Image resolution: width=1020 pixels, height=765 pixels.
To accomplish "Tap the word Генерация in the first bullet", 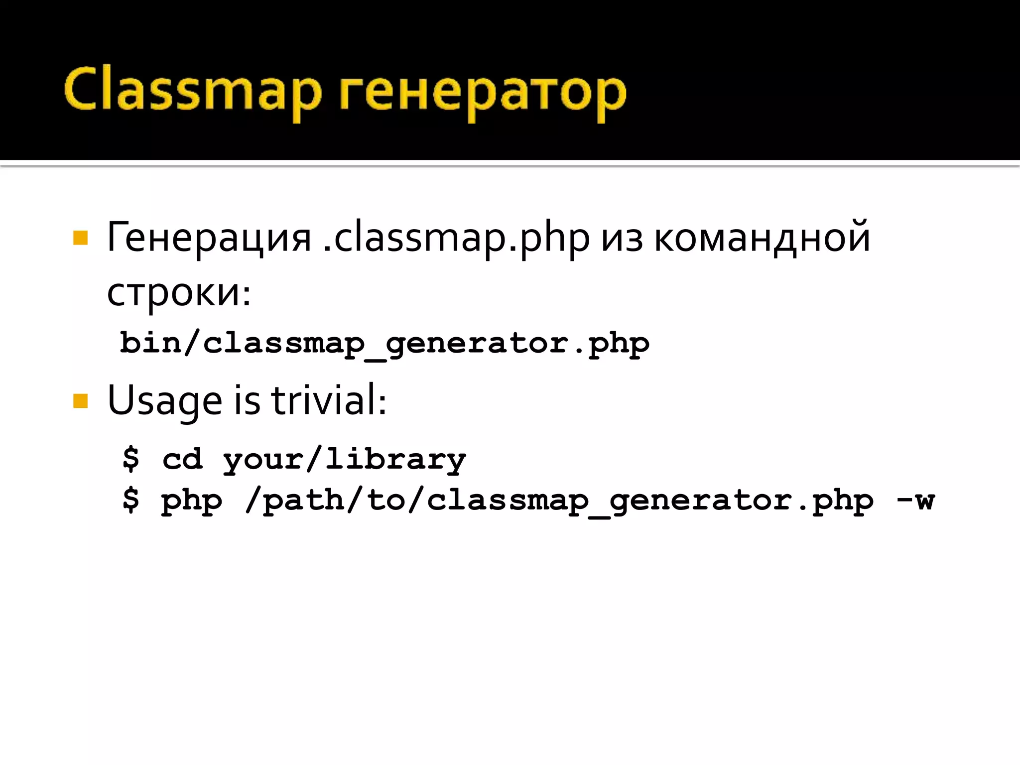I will [x=209, y=238].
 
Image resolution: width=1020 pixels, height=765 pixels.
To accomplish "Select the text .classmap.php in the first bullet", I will [x=456, y=238].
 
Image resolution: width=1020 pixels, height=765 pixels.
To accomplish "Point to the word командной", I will [x=762, y=238].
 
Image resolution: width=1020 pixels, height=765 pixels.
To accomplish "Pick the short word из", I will [x=622, y=239].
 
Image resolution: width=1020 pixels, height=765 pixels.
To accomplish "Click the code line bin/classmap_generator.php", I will [x=384, y=344].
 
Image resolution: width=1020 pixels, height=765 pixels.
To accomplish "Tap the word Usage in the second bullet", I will [x=164, y=401].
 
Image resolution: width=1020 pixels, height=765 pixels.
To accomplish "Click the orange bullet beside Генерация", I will [x=80, y=238].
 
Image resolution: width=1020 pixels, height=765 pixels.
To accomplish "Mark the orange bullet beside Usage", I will [x=80, y=401].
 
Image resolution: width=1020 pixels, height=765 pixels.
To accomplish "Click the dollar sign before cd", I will [x=131, y=458].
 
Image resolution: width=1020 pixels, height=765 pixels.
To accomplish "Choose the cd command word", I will [x=183, y=459].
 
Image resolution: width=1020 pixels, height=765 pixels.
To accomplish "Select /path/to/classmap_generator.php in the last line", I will [x=559, y=501].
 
